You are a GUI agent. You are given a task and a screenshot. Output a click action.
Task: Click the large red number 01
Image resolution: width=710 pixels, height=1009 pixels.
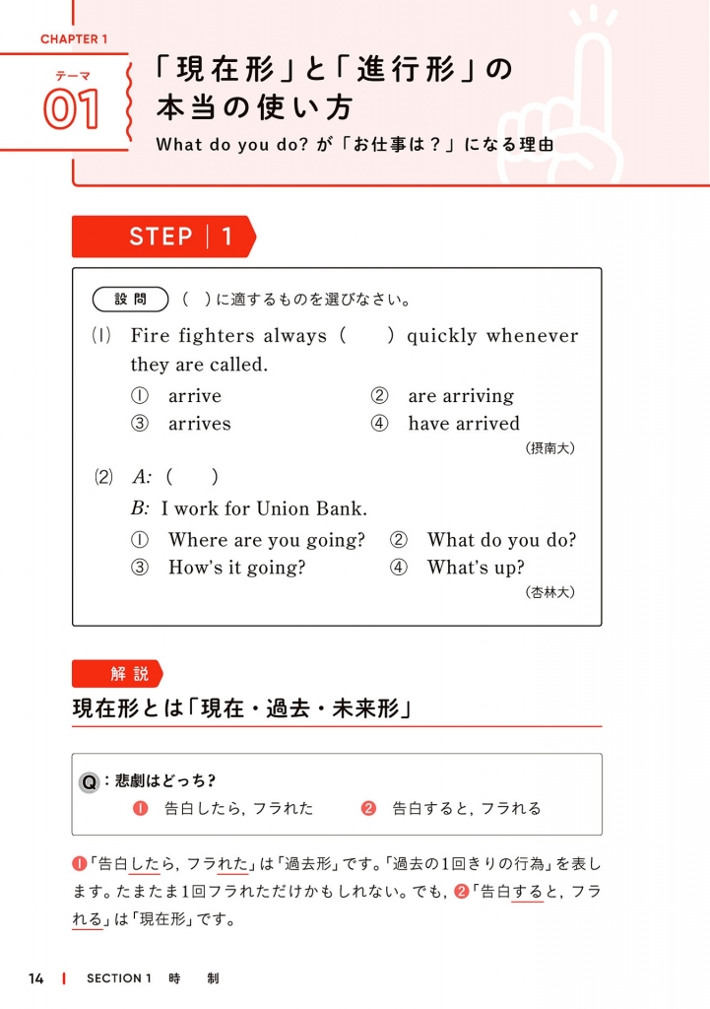(x=71, y=111)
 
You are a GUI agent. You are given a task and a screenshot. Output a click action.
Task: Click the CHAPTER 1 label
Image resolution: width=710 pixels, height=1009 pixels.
(x=74, y=39)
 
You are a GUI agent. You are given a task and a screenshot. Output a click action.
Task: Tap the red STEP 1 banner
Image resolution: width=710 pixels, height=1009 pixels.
(x=162, y=236)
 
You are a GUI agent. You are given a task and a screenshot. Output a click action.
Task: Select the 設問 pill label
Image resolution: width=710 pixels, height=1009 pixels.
(x=130, y=299)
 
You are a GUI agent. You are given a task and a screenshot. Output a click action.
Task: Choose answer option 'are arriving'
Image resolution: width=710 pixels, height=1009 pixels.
(x=460, y=396)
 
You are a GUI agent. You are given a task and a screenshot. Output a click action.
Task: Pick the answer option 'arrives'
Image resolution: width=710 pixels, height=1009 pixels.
(x=199, y=424)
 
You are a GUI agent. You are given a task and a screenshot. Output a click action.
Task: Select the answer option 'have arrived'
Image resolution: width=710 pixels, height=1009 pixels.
(x=463, y=424)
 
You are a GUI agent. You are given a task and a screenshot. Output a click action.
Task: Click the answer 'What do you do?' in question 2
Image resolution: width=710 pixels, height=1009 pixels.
(x=501, y=540)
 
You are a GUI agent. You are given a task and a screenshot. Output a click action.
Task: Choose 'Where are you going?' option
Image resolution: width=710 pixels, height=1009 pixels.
(x=266, y=540)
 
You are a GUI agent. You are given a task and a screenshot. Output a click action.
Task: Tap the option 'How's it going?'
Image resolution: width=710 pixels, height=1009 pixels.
(x=236, y=568)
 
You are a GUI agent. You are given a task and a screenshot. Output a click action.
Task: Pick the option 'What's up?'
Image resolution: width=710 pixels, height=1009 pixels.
(x=475, y=568)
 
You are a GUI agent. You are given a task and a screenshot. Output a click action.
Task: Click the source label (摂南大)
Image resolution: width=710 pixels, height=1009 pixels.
(x=550, y=448)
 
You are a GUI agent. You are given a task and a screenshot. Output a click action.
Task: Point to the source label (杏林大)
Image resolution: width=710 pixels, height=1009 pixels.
(x=550, y=592)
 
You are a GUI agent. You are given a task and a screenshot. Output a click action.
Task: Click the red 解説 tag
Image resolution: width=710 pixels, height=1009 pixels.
(x=118, y=674)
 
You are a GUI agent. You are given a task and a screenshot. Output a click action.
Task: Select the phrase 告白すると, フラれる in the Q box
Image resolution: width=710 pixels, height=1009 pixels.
(x=467, y=808)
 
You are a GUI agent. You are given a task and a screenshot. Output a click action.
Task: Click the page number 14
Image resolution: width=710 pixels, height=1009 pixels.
(x=36, y=978)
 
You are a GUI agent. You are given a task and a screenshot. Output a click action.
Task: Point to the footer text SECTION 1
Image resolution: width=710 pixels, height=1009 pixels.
(x=118, y=978)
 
